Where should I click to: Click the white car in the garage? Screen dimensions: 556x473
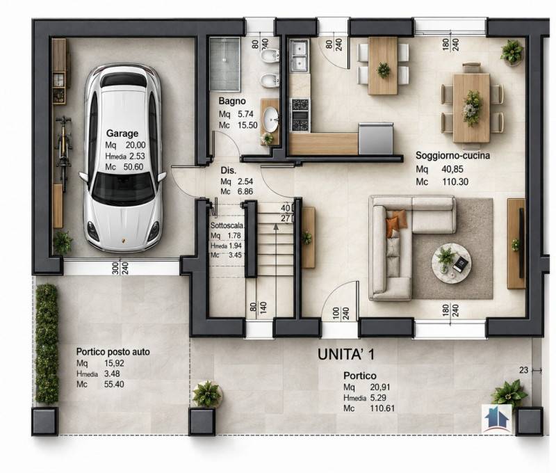[x=123, y=158]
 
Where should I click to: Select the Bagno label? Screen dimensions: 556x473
[x=232, y=101]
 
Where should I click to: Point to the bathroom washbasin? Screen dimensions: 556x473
[x=271, y=120]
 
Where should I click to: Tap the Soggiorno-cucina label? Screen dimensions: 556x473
[x=453, y=155]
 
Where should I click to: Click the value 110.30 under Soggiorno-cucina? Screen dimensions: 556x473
[x=455, y=182]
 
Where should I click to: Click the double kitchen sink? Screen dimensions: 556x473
[x=300, y=55]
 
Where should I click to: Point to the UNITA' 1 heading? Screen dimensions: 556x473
[x=345, y=354]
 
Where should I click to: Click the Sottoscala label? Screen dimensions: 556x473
[x=227, y=225]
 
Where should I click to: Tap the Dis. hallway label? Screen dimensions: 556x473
[x=229, y=170]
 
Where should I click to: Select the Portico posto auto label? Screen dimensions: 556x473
[x=113, y=352]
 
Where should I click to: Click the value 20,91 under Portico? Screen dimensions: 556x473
[x=379, y=387]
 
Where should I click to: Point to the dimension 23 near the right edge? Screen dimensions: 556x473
[x=524, y=370]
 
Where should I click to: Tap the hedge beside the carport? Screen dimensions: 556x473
[x=47, y=344]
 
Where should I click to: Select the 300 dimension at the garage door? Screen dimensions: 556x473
[x=115, y=268]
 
